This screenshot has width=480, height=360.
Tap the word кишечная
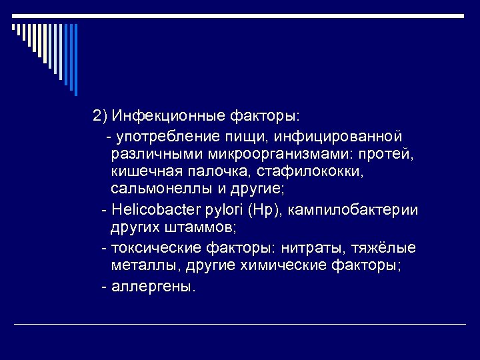click(141, 171)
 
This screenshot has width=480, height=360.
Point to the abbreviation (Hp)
click(265, 211)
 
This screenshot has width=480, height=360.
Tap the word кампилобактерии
click(354, 211)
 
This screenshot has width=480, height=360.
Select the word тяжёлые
click(387, 248)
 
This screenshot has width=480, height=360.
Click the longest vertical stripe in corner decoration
click(75, 60)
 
